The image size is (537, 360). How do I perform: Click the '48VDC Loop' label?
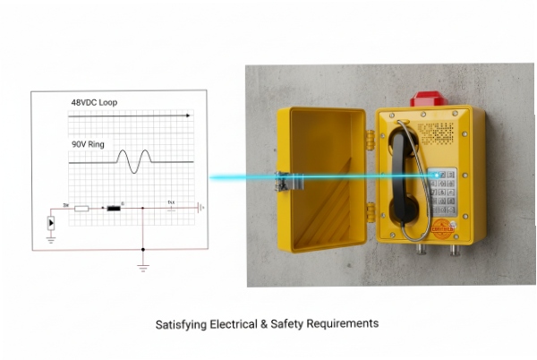(93, 104)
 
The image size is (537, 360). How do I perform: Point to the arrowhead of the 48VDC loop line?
(187, 116)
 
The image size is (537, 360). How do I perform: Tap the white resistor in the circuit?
(81, 209)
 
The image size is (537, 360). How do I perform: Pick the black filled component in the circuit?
(114, 209)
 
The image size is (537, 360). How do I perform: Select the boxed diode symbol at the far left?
(51, 223)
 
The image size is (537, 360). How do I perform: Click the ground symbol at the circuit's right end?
(201, 207)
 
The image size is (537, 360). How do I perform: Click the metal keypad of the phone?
(442, 192)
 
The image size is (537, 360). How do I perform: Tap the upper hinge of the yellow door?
(370, 140)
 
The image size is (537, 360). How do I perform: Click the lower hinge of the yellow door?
(370, 212)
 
